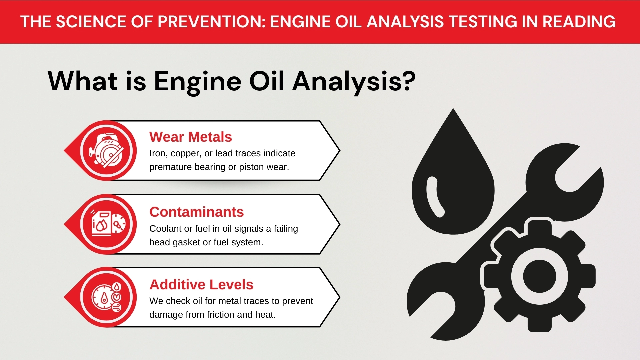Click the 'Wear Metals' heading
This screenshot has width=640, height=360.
coord(190,137)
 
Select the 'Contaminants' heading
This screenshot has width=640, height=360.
coord(196,212)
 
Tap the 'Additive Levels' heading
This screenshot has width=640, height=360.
coord(201,285)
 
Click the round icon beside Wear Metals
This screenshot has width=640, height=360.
coord(107,151)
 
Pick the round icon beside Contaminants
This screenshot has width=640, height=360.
coord(107,224)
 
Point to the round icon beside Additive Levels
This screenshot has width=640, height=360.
coord(107,297)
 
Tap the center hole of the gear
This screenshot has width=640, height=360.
coord(539,276)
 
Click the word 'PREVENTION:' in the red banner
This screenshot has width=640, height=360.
coord(211,22)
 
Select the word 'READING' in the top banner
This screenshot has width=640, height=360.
coord(579,22)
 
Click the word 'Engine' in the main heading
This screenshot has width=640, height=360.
coord(197,82)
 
